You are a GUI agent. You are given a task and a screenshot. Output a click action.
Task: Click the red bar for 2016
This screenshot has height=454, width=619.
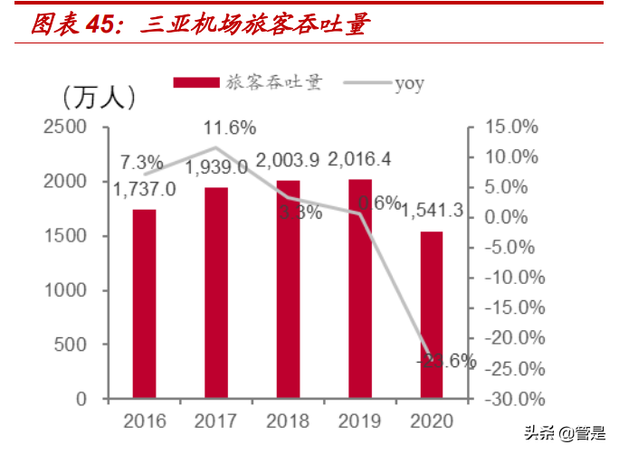coord(144,304)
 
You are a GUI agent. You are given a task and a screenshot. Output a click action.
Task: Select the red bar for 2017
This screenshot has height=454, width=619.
coord(215,293)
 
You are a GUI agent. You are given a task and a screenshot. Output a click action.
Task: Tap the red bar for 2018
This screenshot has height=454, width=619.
coord(288,289)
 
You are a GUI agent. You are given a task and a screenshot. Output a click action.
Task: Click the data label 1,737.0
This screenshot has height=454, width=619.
coord(144,189)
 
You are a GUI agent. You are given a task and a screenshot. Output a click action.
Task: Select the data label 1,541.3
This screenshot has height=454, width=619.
coord(433,211)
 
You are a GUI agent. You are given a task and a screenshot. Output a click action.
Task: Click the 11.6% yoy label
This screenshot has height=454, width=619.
coord(229,127)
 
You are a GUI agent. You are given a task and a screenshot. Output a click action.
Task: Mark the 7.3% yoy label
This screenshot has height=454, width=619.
coord(142,163)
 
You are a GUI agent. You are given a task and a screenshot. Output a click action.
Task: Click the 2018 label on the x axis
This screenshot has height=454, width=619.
coord(288,421)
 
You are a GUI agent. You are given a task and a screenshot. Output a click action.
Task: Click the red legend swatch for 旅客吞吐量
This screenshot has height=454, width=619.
coord(196,83)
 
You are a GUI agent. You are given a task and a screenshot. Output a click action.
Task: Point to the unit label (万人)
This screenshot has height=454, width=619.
coord(99,94)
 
